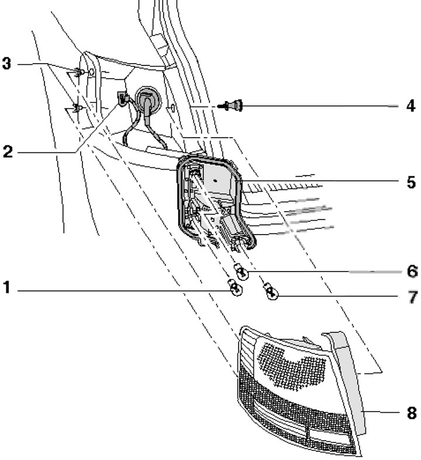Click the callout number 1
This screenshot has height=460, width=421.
click(x=6, y=287)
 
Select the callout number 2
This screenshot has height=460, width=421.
click(x=8, y=152)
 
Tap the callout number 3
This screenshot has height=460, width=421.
click(x=6, y=63)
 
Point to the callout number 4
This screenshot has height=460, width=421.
click(x=410, y=106)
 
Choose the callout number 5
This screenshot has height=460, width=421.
click(x=411, y=182)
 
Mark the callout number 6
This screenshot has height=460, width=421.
click(x=412, y=271)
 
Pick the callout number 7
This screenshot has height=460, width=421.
click(x=412, y=297)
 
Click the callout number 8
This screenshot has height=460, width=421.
click(x=412, y=413)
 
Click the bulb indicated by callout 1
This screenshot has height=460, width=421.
click(x=235, y=287)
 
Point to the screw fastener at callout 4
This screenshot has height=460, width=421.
click(x=232, y=106)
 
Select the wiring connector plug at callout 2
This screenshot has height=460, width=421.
click(x=122, y=98)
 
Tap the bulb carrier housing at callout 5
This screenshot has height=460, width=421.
click(x=215, y=203)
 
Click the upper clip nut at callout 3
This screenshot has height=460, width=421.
click(x=80, y=72)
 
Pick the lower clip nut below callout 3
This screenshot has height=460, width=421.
click(x=77, y=108)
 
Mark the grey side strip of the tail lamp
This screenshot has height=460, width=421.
click(x=347, y=381)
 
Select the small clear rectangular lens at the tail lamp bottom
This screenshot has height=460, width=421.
click(x=329, y=436)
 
